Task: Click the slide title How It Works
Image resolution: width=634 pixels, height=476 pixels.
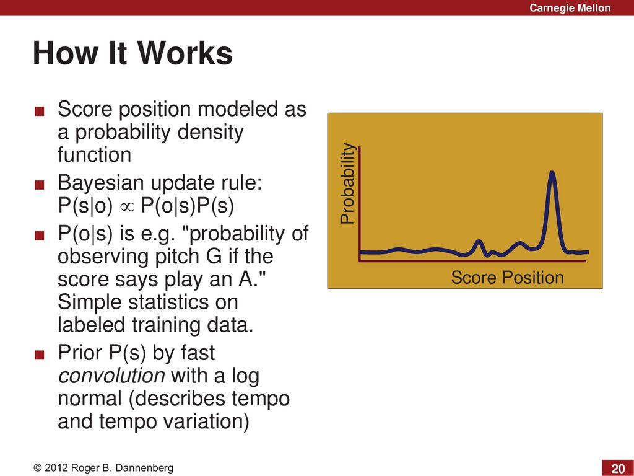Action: (x=132, y=53)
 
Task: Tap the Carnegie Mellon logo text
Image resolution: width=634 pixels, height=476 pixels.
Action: (x=570, y=7)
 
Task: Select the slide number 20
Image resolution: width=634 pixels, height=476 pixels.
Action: (x=618, y=469)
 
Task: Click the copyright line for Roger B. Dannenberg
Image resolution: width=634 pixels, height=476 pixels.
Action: (x=103, y=468)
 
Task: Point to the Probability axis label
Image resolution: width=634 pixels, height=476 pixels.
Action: (x=347, y=183)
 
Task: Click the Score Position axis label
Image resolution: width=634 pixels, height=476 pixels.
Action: (x=507, y=278)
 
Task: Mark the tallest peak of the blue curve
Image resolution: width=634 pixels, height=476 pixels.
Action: (x=552, y=172)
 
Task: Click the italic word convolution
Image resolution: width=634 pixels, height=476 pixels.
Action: (x=111, y=375)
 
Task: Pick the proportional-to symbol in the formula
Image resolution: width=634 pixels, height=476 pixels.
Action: (x=126, y=206)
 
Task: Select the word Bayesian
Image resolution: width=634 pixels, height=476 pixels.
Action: (x=101, y=183)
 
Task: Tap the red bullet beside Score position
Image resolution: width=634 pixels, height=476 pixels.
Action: (x=39, y=112)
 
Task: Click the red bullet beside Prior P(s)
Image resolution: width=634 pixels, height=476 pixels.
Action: (x=39, y=355)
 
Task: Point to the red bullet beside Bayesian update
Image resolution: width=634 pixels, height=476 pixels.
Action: (x=39, y=185)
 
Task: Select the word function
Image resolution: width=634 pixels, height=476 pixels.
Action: (x=94, y=154)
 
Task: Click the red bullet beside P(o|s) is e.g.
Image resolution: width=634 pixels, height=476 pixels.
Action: (x=39, y=236)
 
